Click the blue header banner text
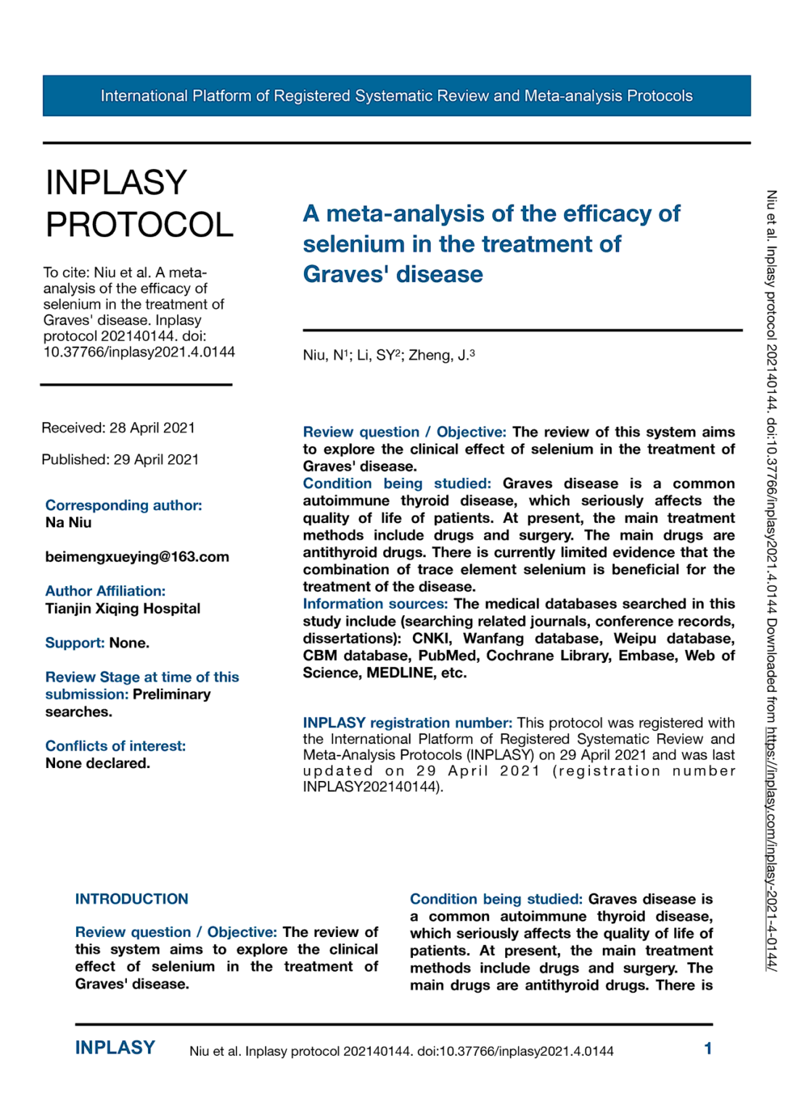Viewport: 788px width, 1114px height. coord(396,96)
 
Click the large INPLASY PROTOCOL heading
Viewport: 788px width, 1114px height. coord(139,203)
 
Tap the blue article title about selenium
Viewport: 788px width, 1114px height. coord(491,244)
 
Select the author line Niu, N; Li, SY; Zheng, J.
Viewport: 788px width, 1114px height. coord(389,355)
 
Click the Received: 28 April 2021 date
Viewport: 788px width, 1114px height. coord(118,428)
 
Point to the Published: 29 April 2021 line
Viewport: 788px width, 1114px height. coord(120,459)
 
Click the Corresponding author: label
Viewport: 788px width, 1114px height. coord(123,505)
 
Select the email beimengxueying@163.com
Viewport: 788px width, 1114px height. coord(137,556)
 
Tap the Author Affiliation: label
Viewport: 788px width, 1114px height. coord(105,591)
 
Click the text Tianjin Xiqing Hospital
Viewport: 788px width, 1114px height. coord(123,608)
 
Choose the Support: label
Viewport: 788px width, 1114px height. coord(75,643)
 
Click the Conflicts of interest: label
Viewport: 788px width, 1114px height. coord(115,746)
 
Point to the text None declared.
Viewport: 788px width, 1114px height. coord(98,763)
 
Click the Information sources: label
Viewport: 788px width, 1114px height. coord(375,603)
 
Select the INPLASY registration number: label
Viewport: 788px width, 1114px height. coord(407,722)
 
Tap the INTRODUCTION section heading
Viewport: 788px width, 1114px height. coord(131,899)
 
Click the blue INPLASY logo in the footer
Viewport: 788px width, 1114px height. coord(115,1047)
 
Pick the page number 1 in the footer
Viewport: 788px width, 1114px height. coord(707,1048)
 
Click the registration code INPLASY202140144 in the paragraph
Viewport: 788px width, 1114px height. coord(370,786)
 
